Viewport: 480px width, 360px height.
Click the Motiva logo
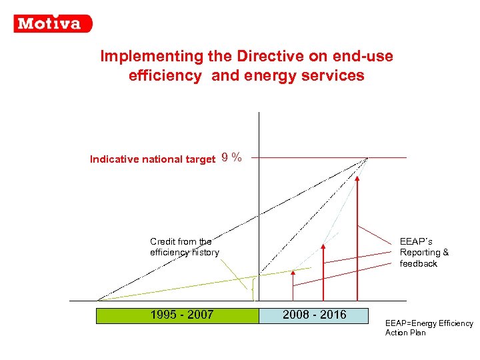[53, 23]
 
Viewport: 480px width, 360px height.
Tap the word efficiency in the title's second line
[165, 76]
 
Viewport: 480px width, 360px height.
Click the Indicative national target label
[152, 159]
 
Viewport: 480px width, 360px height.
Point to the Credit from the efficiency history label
[184, 247]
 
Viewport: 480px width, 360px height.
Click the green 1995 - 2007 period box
[177, 315]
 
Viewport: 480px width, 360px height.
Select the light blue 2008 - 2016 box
[313, 315]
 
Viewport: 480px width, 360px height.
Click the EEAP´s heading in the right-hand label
[416, 241]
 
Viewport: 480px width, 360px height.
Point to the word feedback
[418, 264]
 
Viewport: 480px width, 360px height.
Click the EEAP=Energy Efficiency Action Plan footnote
[429, 328]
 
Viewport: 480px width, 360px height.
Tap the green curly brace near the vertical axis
[253, 286]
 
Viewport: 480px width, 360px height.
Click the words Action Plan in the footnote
[405, 333]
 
